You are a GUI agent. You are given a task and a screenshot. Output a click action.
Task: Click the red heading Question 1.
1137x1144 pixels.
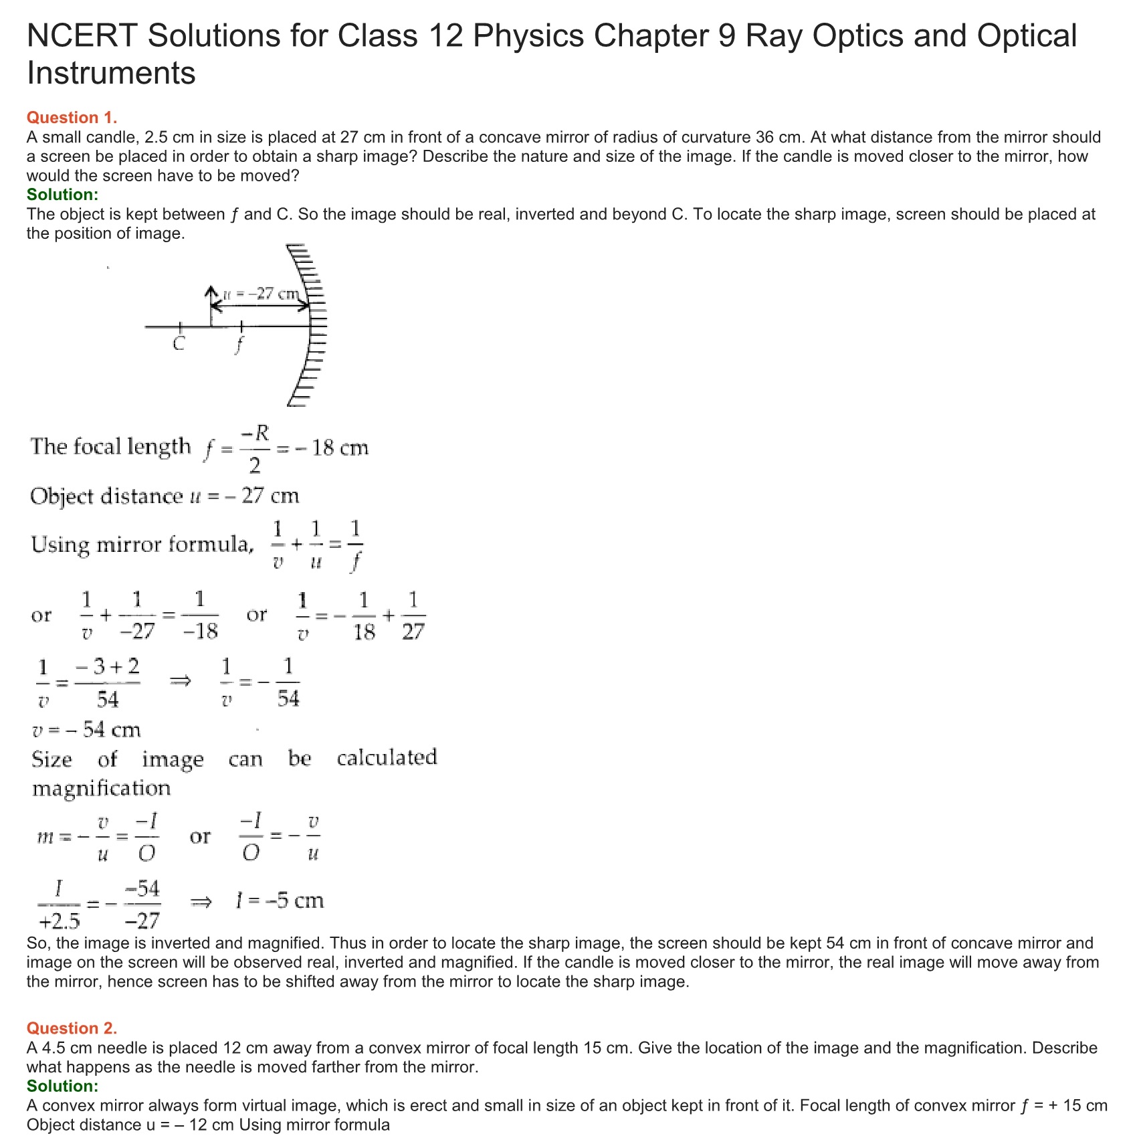pyautogui.click(x=72, y=118)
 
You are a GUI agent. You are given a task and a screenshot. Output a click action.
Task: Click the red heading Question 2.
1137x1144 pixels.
pyautogui.click(x=72, y=1028)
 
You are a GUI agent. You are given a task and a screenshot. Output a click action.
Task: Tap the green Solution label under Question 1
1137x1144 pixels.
pyautogui.click(x=62, y=195)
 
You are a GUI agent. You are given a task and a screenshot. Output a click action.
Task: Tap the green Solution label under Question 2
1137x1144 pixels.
pyautogui.click(x=62, y=1086)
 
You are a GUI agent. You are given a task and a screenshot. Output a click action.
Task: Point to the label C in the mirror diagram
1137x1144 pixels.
pyautogui.click(x=179, y=344)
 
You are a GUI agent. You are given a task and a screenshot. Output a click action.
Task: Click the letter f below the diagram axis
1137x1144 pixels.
pyautogui.click(x=239, y=345)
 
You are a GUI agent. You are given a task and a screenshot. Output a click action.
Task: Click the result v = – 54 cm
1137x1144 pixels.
pyautogui.click(x=86, y=730)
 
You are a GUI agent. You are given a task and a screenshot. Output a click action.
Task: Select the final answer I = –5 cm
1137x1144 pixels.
pyautogui.click(x=280, y=900)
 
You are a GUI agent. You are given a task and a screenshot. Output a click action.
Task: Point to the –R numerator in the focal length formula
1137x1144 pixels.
pyautogui.click(x=255, y=434)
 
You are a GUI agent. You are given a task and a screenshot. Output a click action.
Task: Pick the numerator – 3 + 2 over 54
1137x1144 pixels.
pyautogui.click(x=107, y=667)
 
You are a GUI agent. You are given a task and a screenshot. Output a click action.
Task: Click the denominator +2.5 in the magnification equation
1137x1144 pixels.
pyautogui.click(x=60, y=922)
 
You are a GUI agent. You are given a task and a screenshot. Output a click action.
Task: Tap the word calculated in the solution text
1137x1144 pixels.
pyautogui.click(x=387, y=758)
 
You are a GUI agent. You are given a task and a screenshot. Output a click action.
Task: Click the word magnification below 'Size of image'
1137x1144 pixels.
pyautogui.click(x=102, y=788)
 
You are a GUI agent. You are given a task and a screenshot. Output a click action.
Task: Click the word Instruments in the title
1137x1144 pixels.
pyautogui.click(x=111, y=73)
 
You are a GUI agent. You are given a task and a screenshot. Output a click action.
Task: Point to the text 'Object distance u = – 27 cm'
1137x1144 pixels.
pyautogui.click(x=165, y=496)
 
